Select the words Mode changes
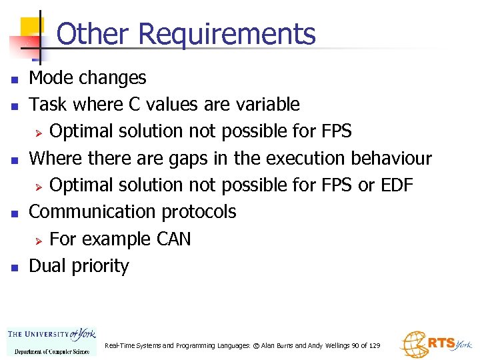pyautogui.click(x=87, y=78)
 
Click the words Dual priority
pyautogui.click(x=79, y=266)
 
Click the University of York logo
pyautogui.click(x=51, y=341)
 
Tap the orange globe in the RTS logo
pyautogui.click(x=413, y=343)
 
